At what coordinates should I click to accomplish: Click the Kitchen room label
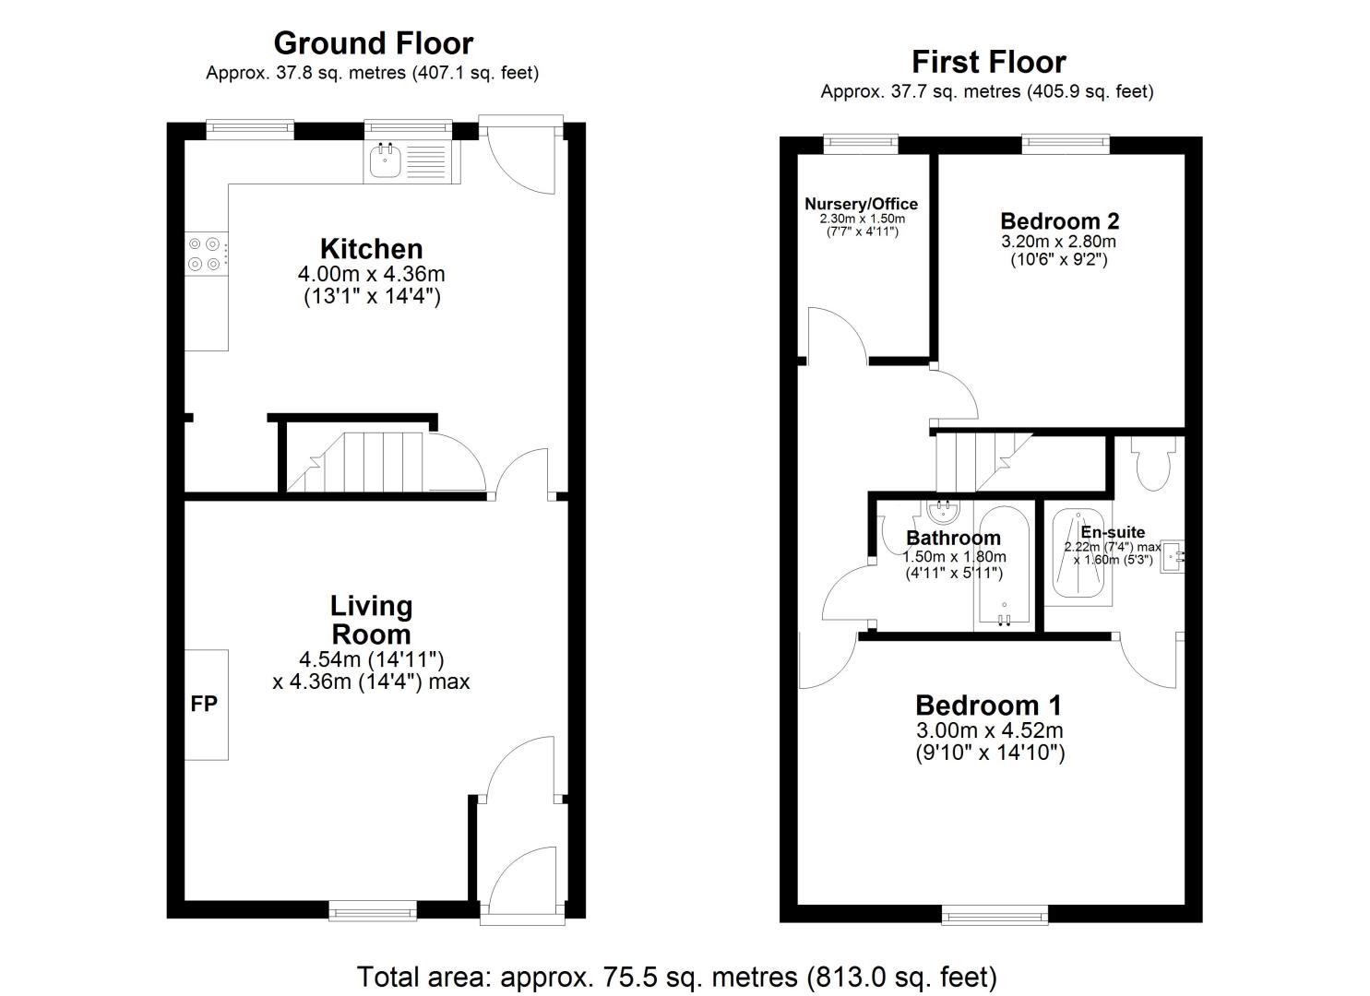point(371,249)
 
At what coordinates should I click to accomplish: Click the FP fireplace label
point(204,704)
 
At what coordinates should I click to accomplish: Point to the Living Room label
point(371,620)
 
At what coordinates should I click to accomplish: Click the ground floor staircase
point(355,462)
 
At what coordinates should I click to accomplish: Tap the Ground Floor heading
point(373,43)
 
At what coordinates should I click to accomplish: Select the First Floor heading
point(989,62)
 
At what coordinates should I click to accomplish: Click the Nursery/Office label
point(861,204)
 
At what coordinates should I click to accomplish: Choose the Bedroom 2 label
point(1060,220)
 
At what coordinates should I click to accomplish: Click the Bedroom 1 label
point(988,705)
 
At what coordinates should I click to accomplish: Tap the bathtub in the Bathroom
point(1005,566)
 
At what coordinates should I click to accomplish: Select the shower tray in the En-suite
point(1078,553)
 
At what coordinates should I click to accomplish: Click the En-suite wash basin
point(1173,556)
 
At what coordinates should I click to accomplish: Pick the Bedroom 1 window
point(995,915)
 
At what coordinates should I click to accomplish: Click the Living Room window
point(373,911)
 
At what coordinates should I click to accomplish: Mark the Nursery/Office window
point(861,144)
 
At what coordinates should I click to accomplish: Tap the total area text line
point(676,977)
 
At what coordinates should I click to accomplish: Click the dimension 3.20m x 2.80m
point(1059,242)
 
